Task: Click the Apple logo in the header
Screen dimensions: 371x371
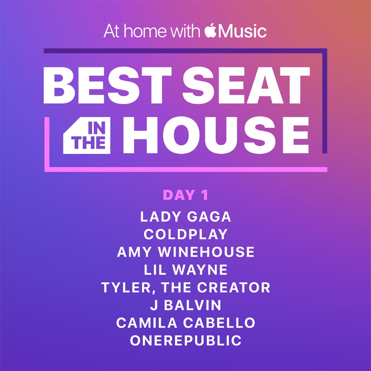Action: coord(210,30)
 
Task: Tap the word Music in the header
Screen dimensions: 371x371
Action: coord(243,31)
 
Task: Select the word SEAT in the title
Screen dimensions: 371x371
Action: coord(246,85)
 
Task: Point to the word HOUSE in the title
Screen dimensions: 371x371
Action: coord(216,135)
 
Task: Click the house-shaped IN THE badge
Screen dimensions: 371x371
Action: coord(86,135)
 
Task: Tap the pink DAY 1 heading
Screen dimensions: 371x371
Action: coord(185,195)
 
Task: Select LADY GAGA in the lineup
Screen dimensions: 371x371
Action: coord(185,217)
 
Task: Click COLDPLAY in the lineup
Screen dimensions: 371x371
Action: coord(185,234)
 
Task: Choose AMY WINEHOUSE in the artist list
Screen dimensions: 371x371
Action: coord(185,252)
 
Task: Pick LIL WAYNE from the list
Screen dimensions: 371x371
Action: coord(185,270)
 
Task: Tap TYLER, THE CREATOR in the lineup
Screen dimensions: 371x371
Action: coord(185,287)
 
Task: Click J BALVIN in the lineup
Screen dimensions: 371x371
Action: coord(185,305)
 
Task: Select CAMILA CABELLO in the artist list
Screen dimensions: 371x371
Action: coord(185,323)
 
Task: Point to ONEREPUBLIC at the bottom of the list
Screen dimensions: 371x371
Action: coord(185,341)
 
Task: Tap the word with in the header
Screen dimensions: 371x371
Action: coord(185,31)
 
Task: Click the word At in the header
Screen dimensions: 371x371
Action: coord(112,31)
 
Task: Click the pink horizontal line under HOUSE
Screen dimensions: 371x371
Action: coord(186,169)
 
